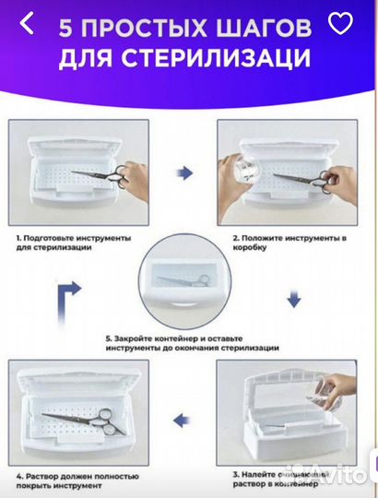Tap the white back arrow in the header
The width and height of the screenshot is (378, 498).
(28, 24)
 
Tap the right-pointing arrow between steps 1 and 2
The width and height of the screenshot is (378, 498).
(185, 172)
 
